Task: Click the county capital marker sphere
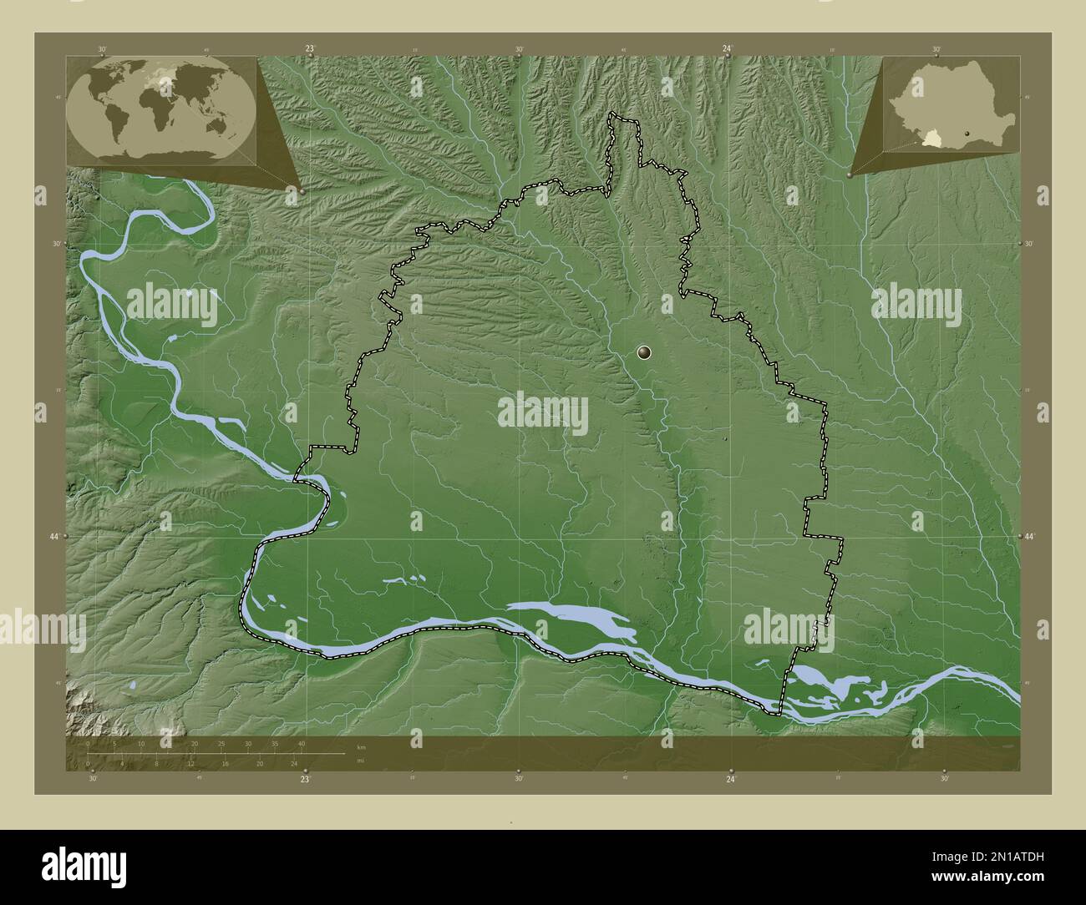645,352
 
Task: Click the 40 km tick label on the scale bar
301,743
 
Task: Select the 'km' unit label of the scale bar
361,747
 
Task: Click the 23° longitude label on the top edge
309,49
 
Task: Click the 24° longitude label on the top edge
728,49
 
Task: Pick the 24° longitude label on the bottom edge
730,779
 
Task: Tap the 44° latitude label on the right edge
1028,536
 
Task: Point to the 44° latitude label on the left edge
54,536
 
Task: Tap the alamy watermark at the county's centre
543,413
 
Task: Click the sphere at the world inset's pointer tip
301,191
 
